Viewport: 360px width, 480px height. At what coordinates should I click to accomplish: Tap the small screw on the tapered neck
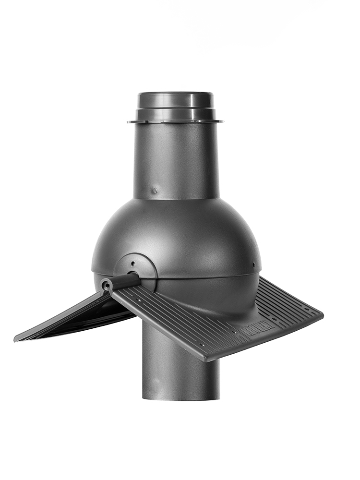[155, 190]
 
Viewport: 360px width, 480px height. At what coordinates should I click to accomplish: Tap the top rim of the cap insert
[175, 94]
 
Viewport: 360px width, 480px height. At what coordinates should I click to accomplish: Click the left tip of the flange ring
[129, 122]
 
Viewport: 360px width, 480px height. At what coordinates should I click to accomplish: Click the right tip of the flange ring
[222, 121]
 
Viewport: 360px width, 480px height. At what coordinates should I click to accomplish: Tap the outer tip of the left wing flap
[16, 340]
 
